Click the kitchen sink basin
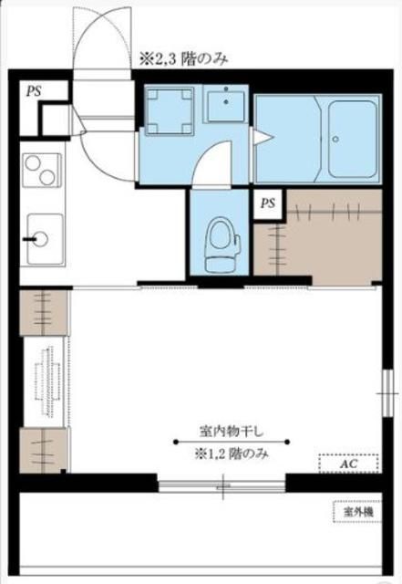point(43,236)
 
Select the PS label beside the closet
point(267,203)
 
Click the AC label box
point(346,463)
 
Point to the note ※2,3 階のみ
point(182,58)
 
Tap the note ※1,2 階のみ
point(231,454)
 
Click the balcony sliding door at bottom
point(222,483)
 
